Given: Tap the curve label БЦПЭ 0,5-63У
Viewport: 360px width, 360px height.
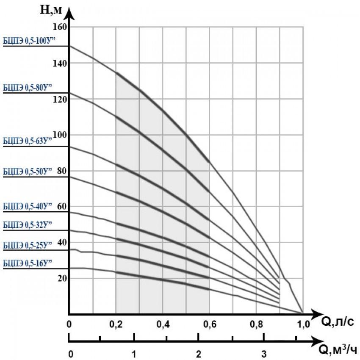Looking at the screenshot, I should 27,141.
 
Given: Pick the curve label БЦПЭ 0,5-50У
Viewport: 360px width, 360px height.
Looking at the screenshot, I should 27,171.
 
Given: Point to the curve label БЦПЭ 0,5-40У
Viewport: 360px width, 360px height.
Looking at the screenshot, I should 27,206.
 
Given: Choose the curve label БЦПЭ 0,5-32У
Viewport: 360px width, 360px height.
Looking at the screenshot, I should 27,224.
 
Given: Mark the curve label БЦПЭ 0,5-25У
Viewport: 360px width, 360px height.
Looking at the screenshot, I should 27,245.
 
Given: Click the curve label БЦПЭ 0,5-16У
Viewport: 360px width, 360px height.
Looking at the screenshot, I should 27,263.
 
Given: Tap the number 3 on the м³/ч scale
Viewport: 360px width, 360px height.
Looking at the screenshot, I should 263,353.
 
